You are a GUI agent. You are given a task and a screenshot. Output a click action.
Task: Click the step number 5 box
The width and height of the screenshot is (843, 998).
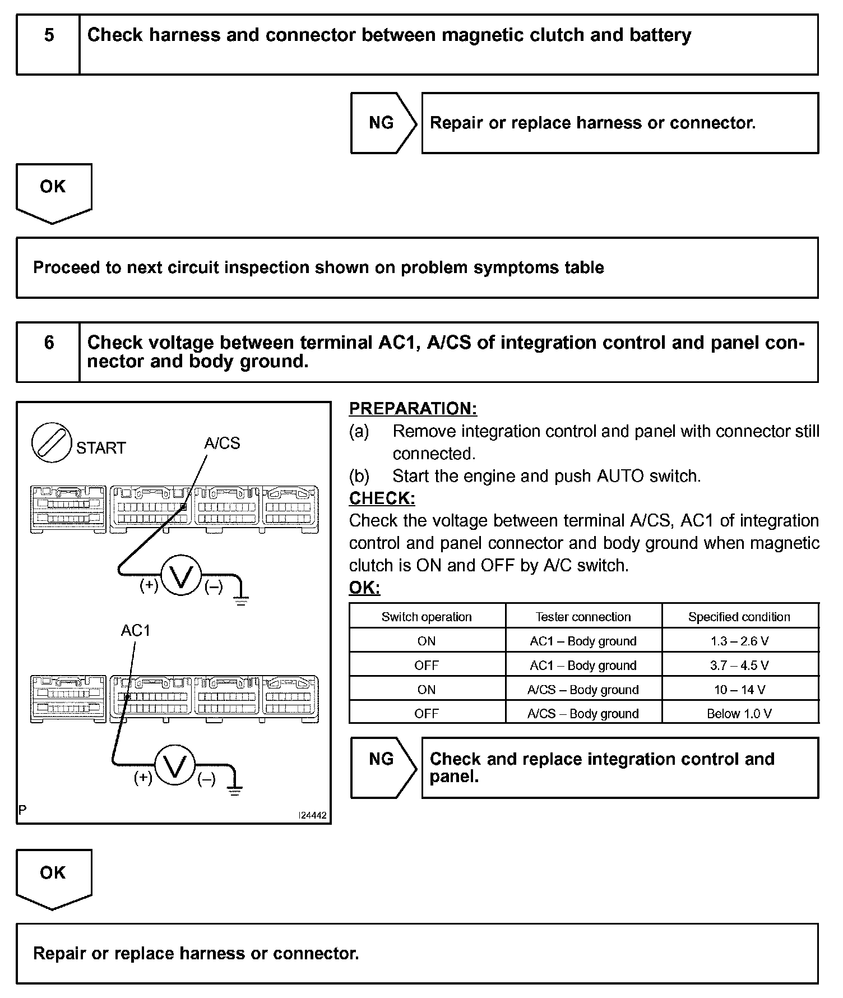tap(48, 44)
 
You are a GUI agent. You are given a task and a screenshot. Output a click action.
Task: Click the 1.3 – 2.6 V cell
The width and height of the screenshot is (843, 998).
tap(739, 641)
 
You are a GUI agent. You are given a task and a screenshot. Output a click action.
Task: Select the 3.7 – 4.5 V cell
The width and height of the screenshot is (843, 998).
tap(739, 665)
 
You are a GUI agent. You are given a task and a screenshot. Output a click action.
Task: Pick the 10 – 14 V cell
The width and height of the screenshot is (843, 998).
tap(739, 689)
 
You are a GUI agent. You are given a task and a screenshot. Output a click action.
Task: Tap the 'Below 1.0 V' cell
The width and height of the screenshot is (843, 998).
tap(739, 713)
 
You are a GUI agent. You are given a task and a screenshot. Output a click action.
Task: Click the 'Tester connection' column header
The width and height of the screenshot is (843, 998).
tap(583, 617)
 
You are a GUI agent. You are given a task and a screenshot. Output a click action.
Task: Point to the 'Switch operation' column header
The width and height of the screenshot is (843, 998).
tap(427, 617)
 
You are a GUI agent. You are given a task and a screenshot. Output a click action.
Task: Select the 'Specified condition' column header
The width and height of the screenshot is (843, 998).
tap(739, 617)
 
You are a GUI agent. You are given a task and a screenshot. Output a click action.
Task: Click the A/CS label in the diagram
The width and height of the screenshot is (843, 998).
tap(222, 443)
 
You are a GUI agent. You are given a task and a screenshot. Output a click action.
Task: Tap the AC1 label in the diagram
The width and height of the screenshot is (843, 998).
tap(136, 631)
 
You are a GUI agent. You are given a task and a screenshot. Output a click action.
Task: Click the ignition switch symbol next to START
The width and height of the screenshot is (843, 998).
tap(52, 443)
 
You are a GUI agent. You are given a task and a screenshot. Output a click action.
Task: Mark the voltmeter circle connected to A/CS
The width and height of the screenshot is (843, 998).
tap(181, 576)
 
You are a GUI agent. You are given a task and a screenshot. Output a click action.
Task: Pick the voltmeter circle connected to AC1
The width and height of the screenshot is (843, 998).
tap(175, 765)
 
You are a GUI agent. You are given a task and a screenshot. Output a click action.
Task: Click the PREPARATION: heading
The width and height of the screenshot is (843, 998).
tap(413, 409)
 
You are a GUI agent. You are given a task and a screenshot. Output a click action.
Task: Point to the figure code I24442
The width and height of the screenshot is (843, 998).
tap(312, 815)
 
